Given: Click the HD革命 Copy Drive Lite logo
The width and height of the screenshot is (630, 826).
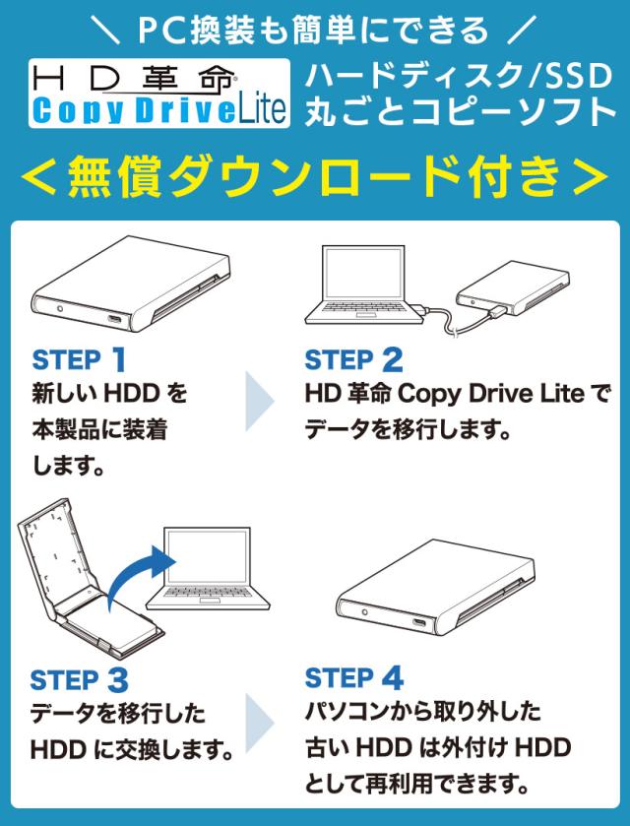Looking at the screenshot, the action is coord(159,94).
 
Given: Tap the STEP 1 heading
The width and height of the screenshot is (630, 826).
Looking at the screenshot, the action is coord(79,359).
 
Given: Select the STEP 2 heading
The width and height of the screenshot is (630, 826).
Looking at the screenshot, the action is coord(354,359).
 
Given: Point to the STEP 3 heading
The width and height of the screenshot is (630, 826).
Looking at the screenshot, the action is coord(79,680).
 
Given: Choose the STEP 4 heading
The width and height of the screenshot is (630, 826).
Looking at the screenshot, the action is coord(354,678).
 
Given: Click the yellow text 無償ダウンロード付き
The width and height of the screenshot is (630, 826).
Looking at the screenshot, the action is coord(314,176).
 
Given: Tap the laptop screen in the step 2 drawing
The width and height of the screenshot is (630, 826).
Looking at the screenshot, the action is coord(363,273).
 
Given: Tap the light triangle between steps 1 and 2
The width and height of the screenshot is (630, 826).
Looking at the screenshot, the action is coord(259,401).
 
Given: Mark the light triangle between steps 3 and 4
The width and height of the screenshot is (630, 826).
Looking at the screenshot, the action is coord(259,723).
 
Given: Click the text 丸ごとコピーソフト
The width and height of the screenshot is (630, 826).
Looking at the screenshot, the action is coord(460,110).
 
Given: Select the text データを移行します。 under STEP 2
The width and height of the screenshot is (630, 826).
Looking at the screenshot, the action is coord(408,430).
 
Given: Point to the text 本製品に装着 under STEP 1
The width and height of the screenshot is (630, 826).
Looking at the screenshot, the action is coord(99,430).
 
